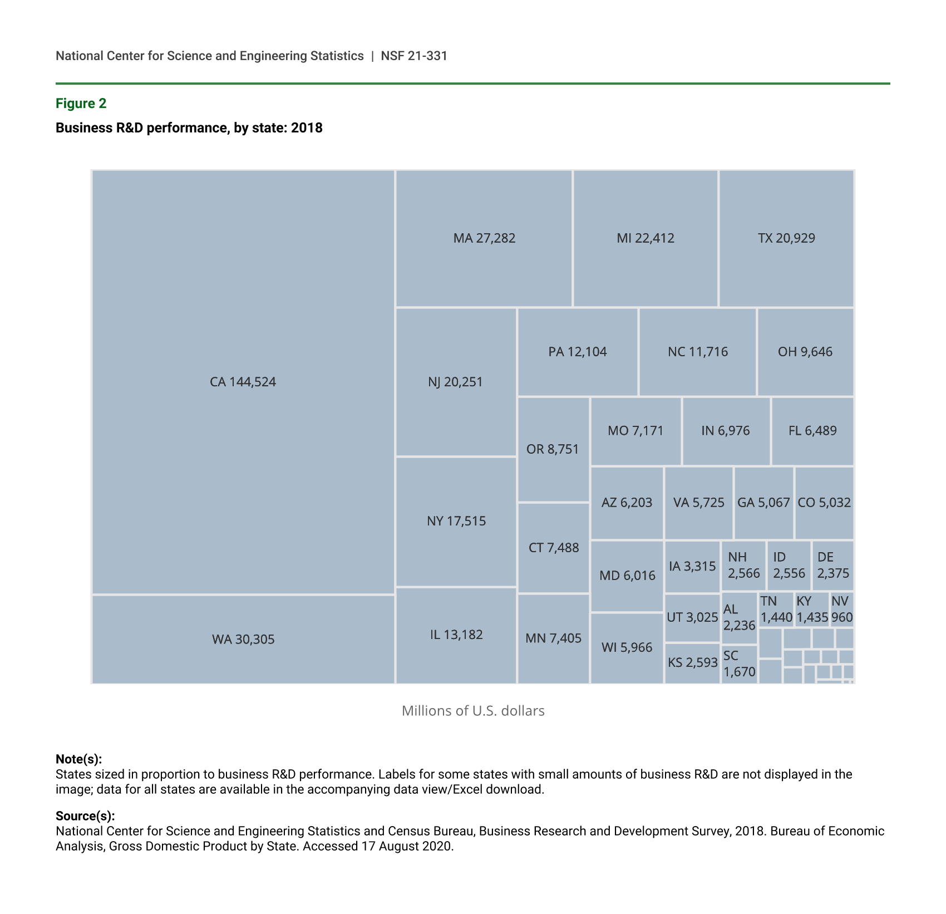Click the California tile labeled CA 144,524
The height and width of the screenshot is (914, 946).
tap(243, 382)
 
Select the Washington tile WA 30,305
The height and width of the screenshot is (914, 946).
tap(243, 639)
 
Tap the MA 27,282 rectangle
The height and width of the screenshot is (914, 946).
tap(484, 238)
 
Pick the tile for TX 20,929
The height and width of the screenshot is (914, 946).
tap(786, 238)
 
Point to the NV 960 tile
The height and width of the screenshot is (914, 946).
tap(841, 610)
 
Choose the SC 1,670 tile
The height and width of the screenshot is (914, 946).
tap(739, 664)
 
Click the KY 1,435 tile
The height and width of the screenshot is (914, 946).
tap(812, 610)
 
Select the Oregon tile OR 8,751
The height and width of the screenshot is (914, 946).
tap(553, 449)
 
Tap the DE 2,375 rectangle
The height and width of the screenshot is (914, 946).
tap(833, 566)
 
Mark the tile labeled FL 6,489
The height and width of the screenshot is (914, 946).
tap(812, 431)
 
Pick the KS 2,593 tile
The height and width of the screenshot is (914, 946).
tap(692, 662)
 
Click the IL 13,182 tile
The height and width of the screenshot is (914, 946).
tap(456, 635)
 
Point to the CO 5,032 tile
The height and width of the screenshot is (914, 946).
tap(824, 503)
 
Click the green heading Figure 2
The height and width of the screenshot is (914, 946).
tap(81, 104)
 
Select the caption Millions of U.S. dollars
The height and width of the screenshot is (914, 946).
tap(473, 711)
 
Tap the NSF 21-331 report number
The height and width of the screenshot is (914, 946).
tap(414, 56)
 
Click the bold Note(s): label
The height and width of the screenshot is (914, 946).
tap(78, 759)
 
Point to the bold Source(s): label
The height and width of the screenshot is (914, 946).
tap(85, 816)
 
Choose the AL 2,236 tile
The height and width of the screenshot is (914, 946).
tap(739, 618)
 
